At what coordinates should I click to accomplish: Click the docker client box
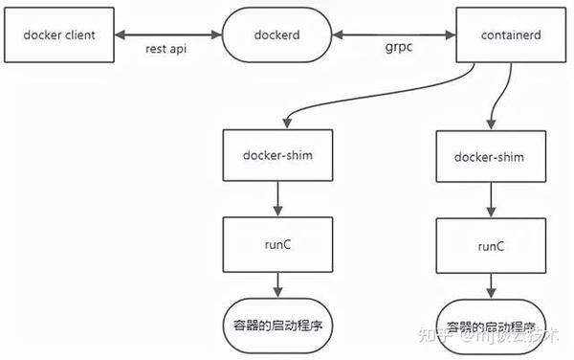[58, 34]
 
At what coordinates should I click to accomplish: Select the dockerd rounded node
[276, 34]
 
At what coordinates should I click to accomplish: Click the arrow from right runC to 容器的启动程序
[492, 284]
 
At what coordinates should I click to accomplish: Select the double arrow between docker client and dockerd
[172, 34]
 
